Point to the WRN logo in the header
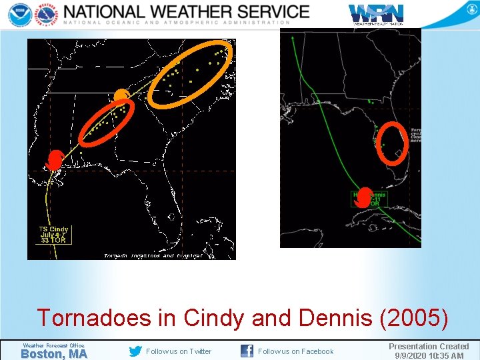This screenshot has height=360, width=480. click(x=376, y=13)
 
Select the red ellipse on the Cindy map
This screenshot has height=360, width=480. click(x=107, y=121)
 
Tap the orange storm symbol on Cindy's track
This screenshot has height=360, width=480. click(x=121, y=97)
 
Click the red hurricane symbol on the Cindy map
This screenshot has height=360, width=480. click(x=55, y=160)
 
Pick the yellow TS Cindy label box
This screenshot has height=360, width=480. click(x=53, y=234)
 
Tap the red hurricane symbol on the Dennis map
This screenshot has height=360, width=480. click(x=364, y=195)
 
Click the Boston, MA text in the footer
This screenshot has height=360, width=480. click(x=54, y=354)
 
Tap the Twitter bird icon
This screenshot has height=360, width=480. click(x=135, y=351)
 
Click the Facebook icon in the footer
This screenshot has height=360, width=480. click(x=247, y=351)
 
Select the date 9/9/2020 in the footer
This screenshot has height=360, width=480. click(x=412, y=355)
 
